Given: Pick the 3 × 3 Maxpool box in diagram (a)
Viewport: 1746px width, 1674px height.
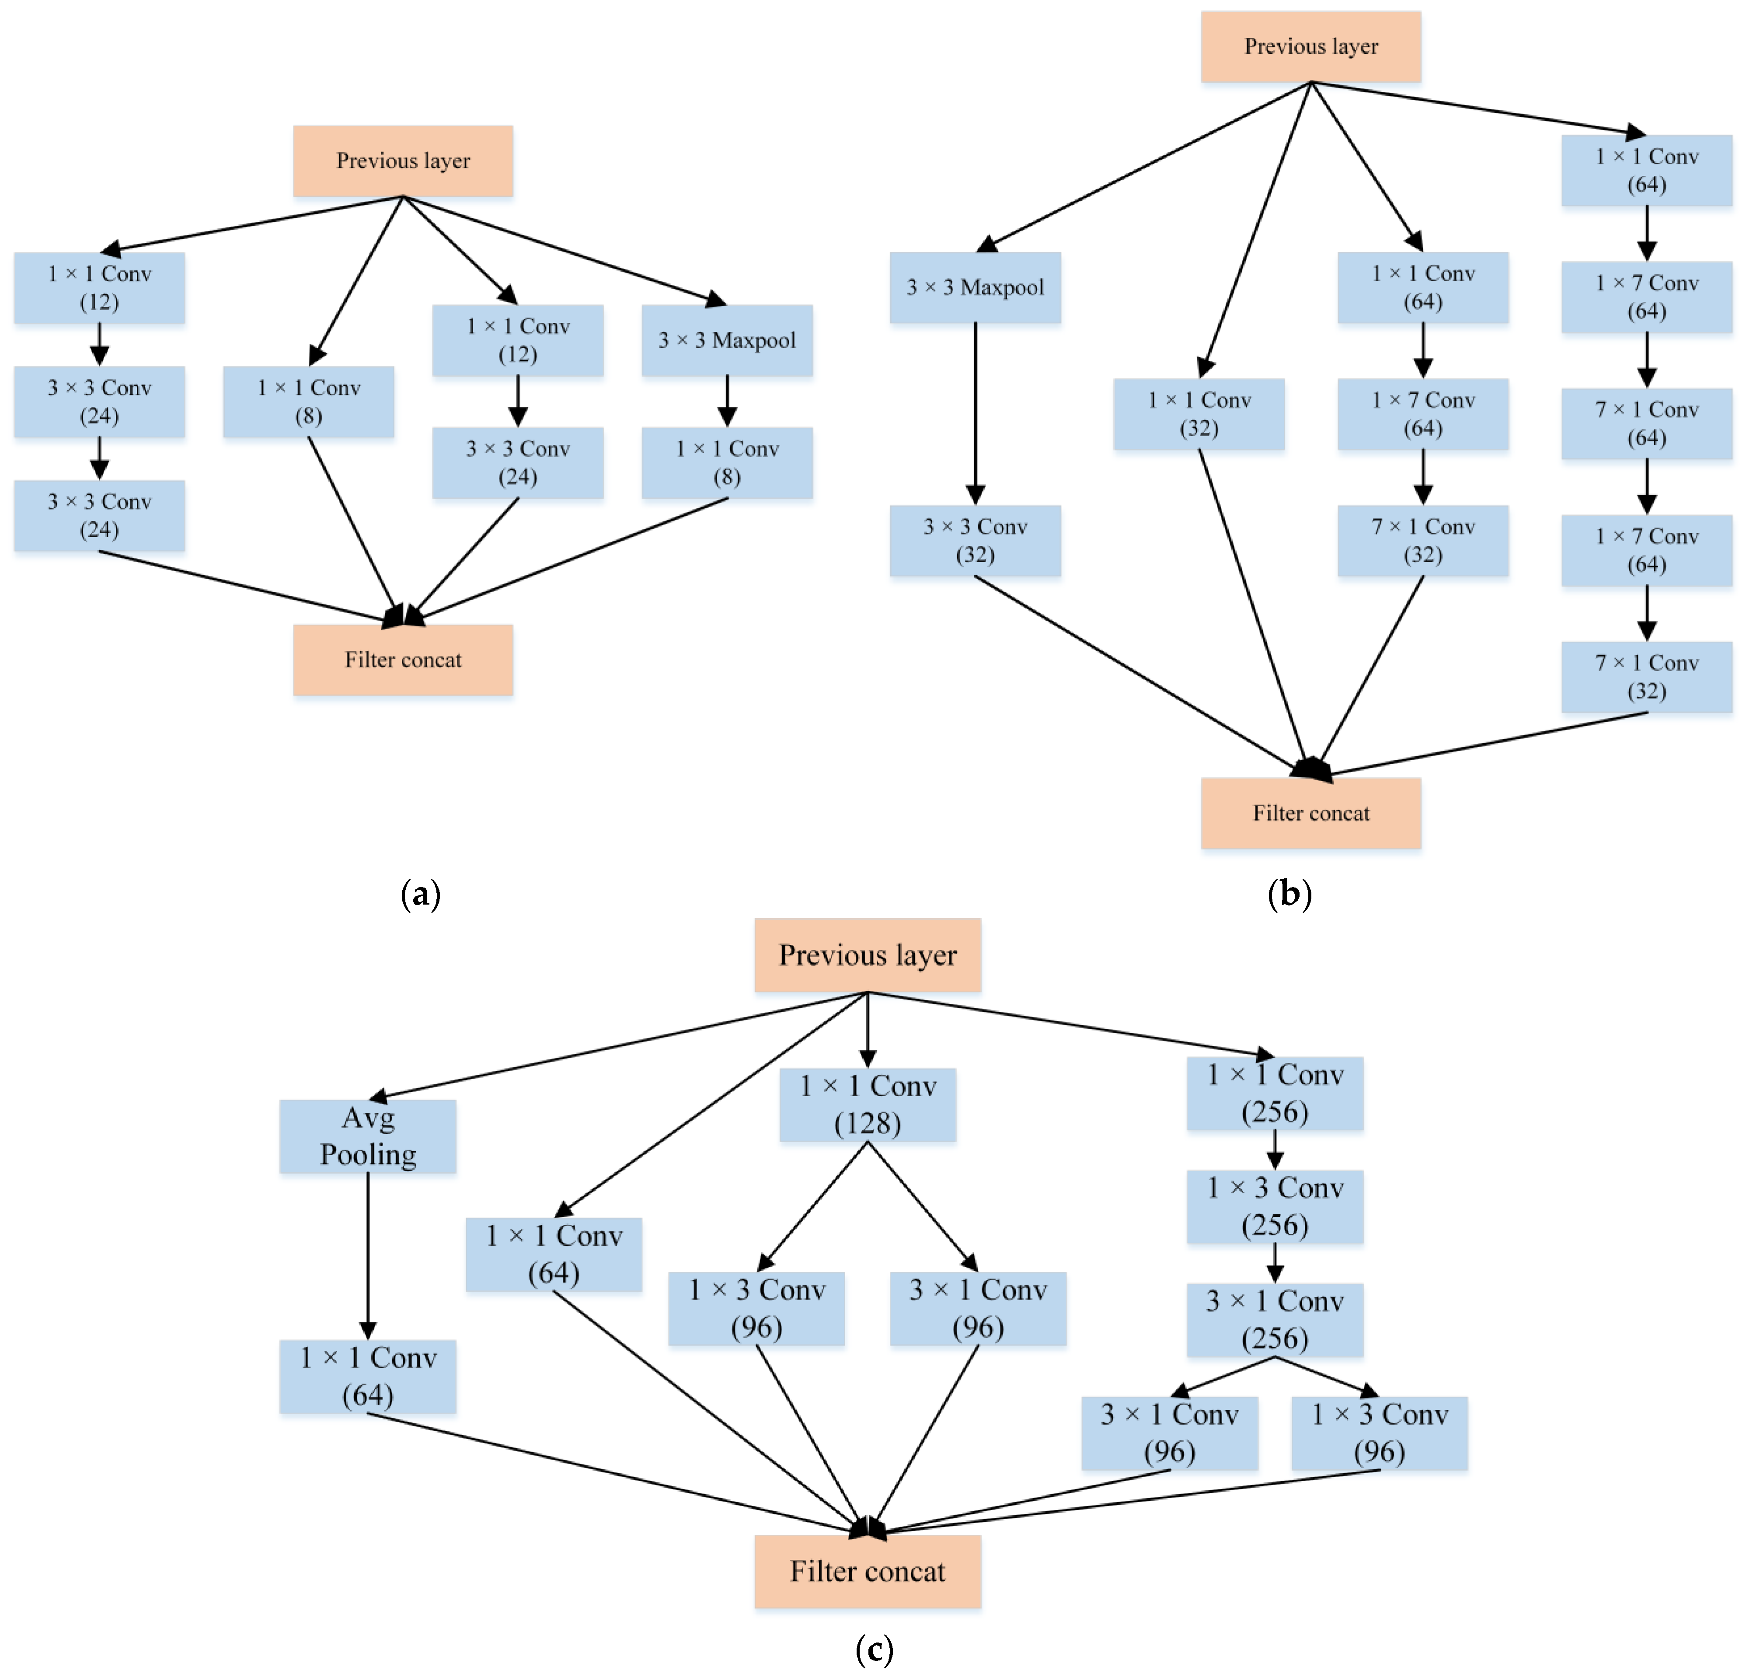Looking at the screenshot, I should [x=727, y=340].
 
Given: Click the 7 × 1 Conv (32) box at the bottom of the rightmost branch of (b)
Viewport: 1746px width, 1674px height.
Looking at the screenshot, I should [x=1646, y=677].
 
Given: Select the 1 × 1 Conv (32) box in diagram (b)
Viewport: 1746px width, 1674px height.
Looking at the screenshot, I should [x=1199, y=414].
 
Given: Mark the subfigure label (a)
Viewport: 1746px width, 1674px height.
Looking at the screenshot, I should [x=421, y=894].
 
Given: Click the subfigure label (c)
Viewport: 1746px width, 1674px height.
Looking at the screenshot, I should [x=874, y=1649].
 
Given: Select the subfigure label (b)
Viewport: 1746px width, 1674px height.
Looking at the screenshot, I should [x=1289, y=894].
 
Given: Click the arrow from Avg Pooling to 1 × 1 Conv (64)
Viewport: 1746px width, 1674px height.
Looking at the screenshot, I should [x=368, y=1256].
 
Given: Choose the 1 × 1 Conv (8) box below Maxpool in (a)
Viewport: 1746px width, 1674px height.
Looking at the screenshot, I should [x=727, y=462].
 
